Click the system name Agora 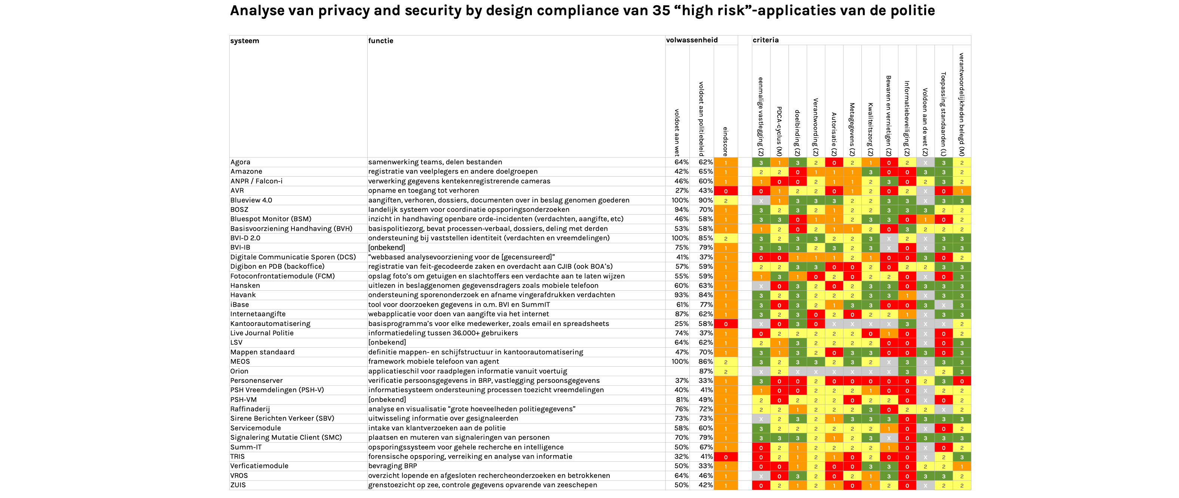tap(240, 162)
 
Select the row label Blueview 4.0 tap(251, 200)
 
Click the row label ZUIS tap(238, 485)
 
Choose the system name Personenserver tap(256, 381)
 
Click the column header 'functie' tap(381, 41)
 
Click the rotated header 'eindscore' tap(725, 141)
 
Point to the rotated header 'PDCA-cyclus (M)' tap(779, 131)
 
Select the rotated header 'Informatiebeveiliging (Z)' tap(907, 119)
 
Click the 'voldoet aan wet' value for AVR tap(682, 190)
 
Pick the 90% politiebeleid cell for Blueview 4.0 tap(705, 200)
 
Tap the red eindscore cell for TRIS tap(725, 457)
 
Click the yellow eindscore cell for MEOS tap(725, 361)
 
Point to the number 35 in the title tap(661, 10)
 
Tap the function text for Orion tap(467, 371)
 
